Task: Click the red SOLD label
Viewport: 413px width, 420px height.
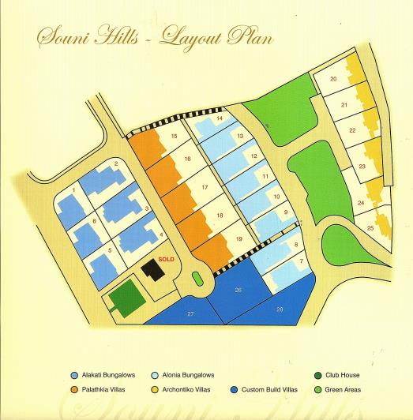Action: (166, 258)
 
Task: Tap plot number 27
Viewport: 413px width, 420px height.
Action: (190, 313)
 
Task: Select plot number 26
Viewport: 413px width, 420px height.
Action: (238, 290)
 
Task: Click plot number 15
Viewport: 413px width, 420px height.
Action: (173, 136)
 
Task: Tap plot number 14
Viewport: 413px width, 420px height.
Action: (220, 118)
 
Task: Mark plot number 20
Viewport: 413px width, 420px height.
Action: (333, 79)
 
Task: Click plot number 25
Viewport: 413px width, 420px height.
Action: (370, 228)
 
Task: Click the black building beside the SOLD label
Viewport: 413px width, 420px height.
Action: (152, 268)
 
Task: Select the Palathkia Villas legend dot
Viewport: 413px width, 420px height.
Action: (73, 390)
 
